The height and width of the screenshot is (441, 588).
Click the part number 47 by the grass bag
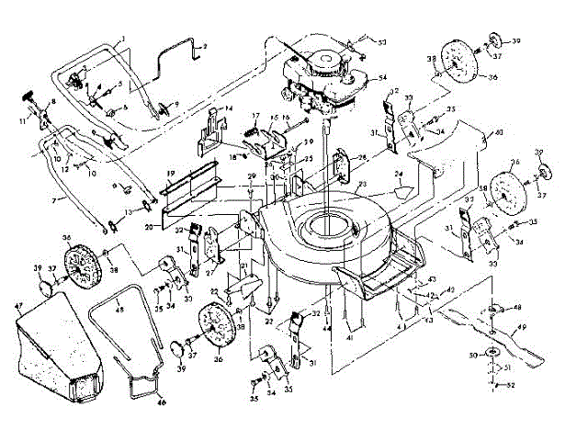click(x=18, y=302)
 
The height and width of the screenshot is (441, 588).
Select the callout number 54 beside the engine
click(x=382, y=77)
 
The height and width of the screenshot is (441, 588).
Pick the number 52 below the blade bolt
click(x=510, y=387)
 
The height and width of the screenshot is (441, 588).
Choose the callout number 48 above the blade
click(x=517, y=307)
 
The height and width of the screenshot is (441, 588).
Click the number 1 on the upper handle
click(x=121, y=36)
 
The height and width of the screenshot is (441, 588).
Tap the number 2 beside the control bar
click(x=204, y=45)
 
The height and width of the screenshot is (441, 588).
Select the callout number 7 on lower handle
click(x=54, y=198)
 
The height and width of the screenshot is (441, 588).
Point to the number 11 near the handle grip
click(x=22, y=120)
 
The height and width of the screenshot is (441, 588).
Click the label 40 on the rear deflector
click(x=499, y=133)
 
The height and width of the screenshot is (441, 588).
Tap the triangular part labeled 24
click(x=401, y=192)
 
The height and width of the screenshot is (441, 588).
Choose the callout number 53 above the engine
click(x=382, y=43)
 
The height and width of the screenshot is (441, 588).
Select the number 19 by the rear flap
click(x=170, y=173)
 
